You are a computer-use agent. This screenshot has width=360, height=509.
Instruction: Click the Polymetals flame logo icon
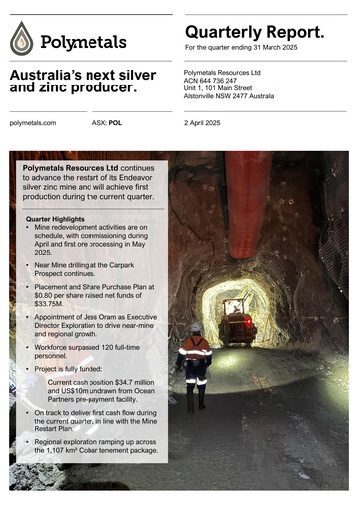point(23,39)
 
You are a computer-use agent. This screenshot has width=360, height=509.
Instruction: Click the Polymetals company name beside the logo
point(84,43)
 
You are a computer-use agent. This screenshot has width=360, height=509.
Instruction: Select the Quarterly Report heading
point(255,32)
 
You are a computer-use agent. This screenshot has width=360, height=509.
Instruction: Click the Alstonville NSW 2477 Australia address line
point(244,99)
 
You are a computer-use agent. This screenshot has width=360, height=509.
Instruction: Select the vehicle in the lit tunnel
point(236,321)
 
